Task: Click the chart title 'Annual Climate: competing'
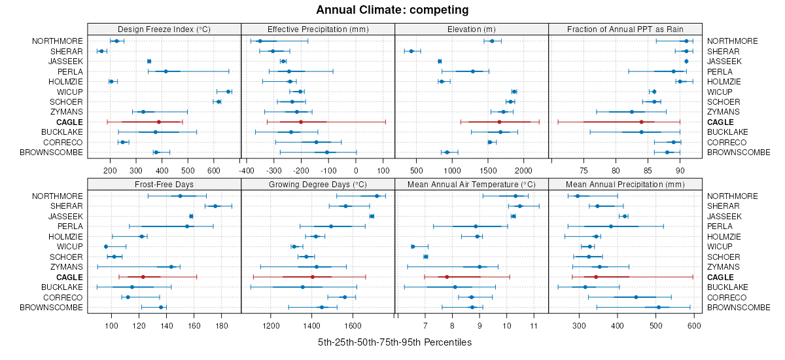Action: pos(392,10)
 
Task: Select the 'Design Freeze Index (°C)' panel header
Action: pos(164,29)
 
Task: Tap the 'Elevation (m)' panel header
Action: pos(471,29)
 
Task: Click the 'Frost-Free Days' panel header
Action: pos(164,184)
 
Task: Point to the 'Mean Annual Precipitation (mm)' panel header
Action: pos(625,184)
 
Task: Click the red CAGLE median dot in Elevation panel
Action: pos(499,122)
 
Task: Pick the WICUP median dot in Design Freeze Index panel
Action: pos(228,92)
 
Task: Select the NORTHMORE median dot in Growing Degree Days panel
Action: pos(377,196)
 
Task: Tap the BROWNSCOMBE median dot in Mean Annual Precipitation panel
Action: pos(659,308)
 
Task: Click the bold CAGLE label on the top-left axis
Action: pos(69,122)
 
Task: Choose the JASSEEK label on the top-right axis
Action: pos(724,62)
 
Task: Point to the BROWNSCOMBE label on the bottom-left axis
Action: pos(51,308)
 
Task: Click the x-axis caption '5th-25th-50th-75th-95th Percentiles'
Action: pos(394,342)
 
